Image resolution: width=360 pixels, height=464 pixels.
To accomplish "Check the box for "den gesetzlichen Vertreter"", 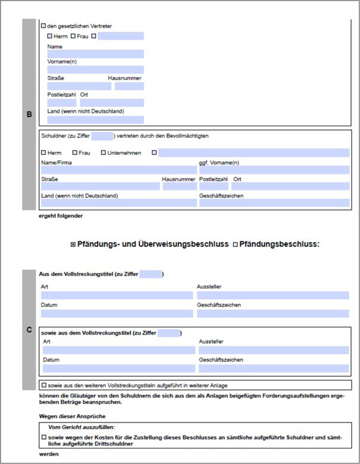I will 43,26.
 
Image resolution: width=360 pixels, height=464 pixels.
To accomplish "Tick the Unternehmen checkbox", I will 103,153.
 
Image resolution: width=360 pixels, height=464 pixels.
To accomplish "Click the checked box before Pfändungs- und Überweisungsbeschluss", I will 73,244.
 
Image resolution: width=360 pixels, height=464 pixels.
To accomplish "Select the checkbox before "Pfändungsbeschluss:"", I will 235,244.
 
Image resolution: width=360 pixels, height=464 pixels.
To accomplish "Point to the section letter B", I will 30,114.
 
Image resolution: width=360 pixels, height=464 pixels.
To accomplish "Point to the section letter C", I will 30,329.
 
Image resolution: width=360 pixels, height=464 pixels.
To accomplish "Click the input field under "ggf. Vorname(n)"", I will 274,170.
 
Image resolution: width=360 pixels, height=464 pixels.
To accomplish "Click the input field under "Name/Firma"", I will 119,170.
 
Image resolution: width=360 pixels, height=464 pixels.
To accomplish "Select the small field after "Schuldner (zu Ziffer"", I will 103,136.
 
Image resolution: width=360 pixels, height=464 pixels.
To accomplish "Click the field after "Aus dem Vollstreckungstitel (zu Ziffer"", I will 151,274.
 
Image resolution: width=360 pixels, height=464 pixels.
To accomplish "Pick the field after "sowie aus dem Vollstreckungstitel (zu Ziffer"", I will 169,333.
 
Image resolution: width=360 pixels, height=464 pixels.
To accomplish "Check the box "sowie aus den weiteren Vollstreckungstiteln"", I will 44,385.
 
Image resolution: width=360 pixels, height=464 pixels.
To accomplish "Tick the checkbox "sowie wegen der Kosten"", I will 44,437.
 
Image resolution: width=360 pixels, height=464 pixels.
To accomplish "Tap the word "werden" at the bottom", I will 49,455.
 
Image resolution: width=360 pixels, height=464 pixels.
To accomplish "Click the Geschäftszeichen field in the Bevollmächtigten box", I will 274,203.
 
